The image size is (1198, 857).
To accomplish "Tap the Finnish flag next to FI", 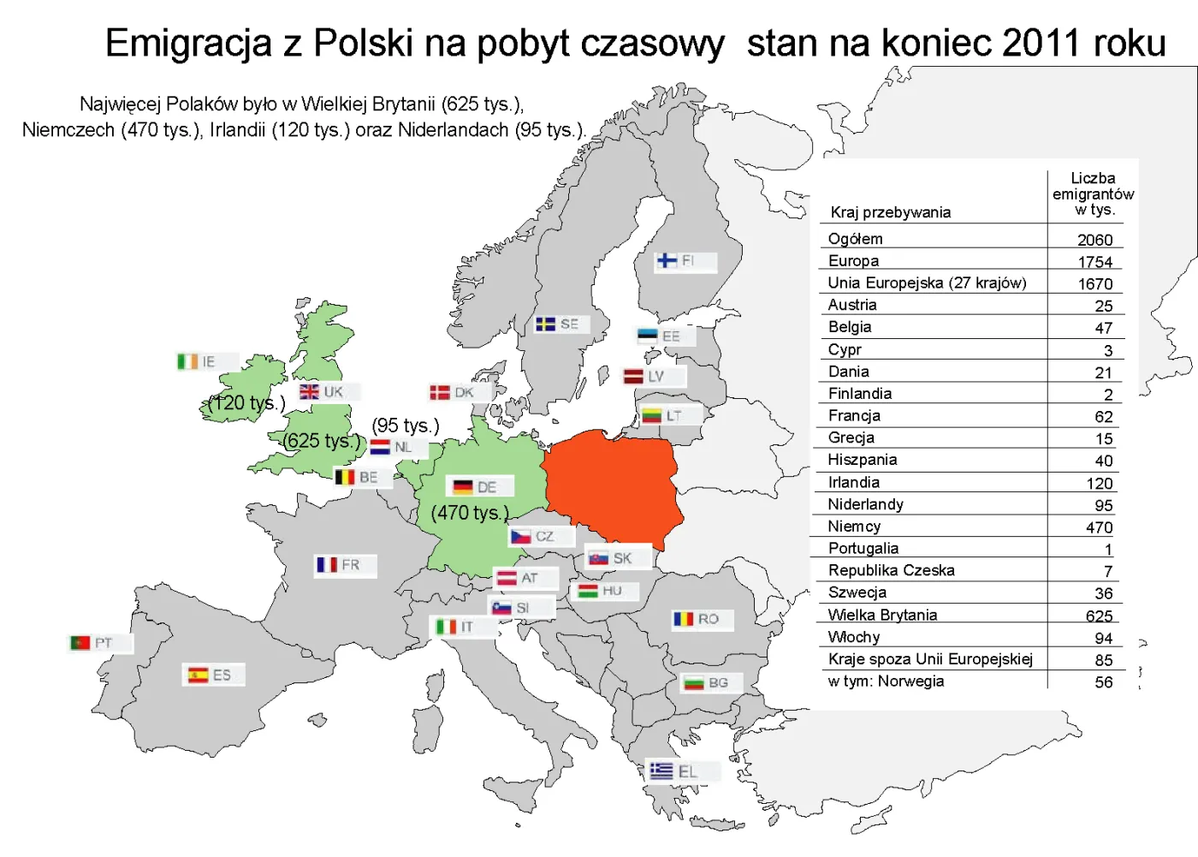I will pyautogui.click(x=667, y=261).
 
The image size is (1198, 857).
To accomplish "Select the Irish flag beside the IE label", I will pyautogui.click(x=187, y=362).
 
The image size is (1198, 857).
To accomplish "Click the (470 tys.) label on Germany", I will pyautogui.click(x=470, y=513).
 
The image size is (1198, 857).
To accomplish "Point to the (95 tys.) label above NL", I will pyautogui.click(x=406, y=426).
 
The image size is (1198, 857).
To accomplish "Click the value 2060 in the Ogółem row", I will pyautogui.click(x=1094, y=240).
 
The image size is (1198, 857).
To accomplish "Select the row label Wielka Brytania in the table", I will pyautogui.click(x=882, y=615).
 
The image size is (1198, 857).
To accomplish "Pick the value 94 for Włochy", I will pyautogui.click(x=1103, y=638).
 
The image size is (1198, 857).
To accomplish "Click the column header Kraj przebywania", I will pyautogui.click(x=890, y=212).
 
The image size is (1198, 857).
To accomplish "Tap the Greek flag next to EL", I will pyautogui.click(x=661, y=771).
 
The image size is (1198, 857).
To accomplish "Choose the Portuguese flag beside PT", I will pyautogui.click(x=80, y=643).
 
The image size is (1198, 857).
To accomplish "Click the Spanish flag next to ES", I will pyautogui.click(x=199, y=675).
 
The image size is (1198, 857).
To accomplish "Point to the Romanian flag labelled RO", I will pyautogui.click(x=683, y=619).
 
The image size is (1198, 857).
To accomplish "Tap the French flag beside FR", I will pyautogui.click(x=327, y=565).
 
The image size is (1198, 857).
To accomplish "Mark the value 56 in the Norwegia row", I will pyautogui.click(x=1103, y=682).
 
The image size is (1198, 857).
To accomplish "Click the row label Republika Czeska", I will pyautogui.click(x=891, y=570).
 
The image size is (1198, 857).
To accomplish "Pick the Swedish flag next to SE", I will pyautogui.click(x=545, y=324).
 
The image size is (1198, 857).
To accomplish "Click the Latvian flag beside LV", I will pyautogui.click(x=633, y=377).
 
